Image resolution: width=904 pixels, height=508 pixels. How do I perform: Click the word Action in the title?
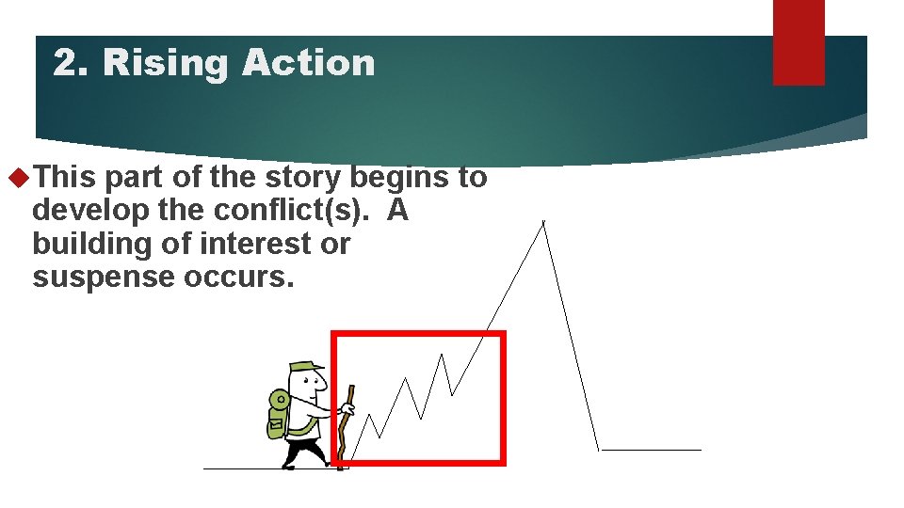(308, 63)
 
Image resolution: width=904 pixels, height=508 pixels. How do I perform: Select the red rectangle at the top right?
(799, 41)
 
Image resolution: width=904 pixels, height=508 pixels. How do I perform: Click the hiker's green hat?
(306, 366)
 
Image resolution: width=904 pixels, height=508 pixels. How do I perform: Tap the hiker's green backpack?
(278, 414)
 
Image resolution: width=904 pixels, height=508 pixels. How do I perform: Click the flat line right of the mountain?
(651, 450)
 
